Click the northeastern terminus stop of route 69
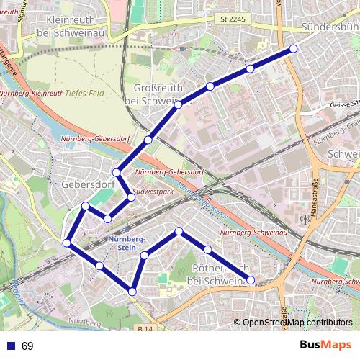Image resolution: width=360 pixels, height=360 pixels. pos(293,49)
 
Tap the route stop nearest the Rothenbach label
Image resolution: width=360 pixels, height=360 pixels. pos(207,249)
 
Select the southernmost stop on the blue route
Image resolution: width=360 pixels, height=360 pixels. pos(132,291)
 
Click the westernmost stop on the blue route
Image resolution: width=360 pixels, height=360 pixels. pos(67,243)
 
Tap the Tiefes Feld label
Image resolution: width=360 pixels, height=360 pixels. pos(85,93)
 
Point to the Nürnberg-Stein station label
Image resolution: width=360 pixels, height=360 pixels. pos(127,243)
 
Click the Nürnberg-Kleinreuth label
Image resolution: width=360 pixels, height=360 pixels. pos(32,94)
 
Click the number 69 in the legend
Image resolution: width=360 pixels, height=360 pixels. pos(27,346)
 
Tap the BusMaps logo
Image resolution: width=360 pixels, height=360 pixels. pos(325,346)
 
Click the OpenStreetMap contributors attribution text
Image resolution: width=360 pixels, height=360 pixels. pos(298,323)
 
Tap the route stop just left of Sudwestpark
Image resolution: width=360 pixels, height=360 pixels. pos(130,197)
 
